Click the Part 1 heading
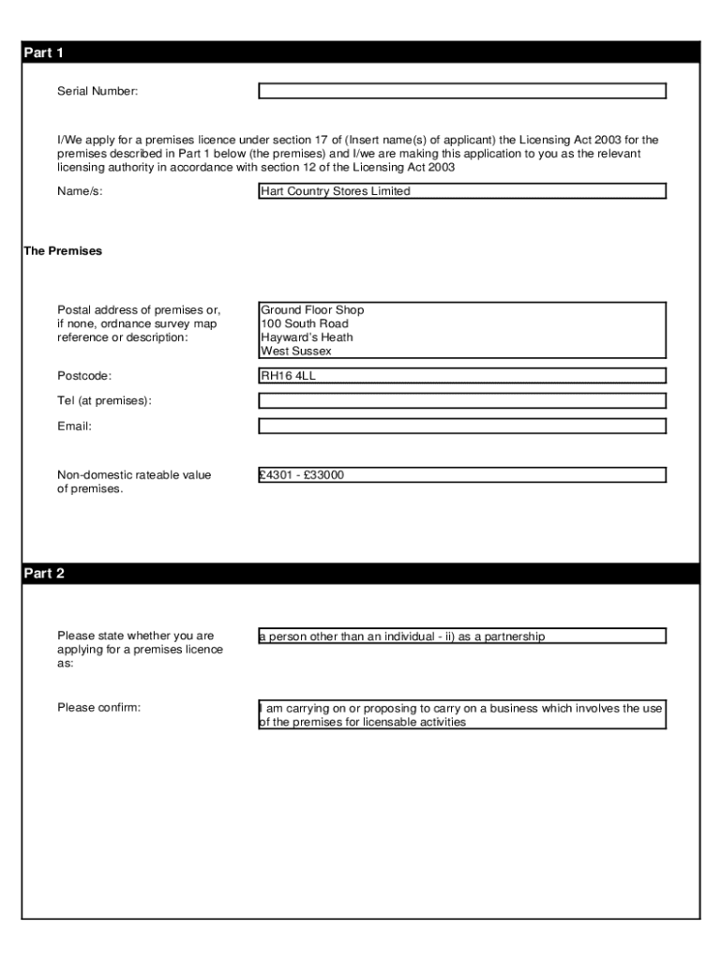tap(43, 53)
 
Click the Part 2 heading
tap(43, 574)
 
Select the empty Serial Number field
tap(461, 91)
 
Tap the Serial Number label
tap(98, 91)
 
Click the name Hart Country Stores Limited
tap(336, 191)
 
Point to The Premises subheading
tap(62, 251)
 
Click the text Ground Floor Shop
tap(312, 310)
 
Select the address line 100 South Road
tap(305, 324)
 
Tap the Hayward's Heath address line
tap(307, 337)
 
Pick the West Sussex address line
tap(296, 352)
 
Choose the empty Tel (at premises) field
tap(461, 401)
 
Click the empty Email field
tap(461, 426)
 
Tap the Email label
tap(75, 426)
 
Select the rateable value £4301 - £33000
tap(303, 475)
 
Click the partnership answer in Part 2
tap(402, 637)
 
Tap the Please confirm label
tap(98, 707)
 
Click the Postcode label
tap(84, 376)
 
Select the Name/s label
tap(80, 191)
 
